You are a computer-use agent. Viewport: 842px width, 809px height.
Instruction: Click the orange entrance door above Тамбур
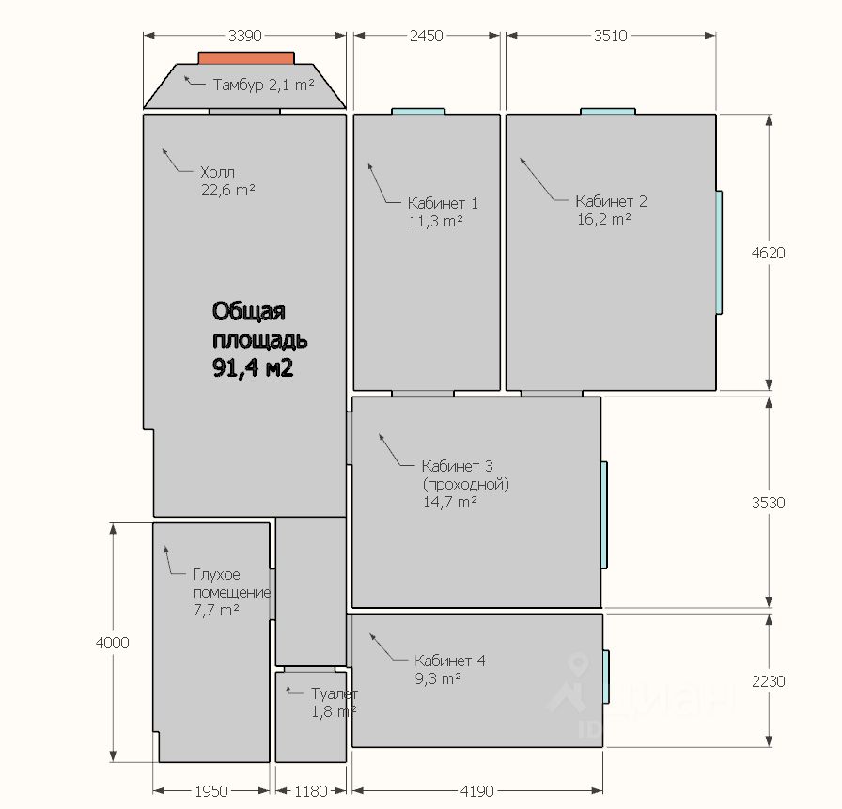click(x=246, y=58)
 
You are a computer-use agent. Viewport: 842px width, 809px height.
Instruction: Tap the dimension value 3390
click(x=245, y=36)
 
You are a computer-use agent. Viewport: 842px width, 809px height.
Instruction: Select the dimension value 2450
click(x=427, y=36)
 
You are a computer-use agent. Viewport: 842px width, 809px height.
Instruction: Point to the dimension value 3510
click(x=611, y=36)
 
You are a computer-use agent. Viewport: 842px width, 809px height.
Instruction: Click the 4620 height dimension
click(x=769, y=253)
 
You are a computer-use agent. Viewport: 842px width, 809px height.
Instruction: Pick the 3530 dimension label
click(x=769, y=503)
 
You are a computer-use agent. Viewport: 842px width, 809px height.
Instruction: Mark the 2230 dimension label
click(x=769, y=681)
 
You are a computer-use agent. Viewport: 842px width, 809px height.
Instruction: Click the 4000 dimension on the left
click(x=112, y=643)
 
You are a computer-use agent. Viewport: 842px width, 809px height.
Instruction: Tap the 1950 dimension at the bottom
click(x=211, y=791)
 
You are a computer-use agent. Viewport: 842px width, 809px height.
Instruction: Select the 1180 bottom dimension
click(x=311, y=791)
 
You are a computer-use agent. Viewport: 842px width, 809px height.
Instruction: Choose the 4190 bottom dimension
click(x=477, y=791)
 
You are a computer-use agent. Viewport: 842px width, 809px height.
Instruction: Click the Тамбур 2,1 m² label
click(x=264, y=85)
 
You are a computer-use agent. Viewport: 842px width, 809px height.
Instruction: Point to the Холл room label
click(x=217, y=172)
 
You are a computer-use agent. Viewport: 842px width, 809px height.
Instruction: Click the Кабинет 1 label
click(x=443, y=204)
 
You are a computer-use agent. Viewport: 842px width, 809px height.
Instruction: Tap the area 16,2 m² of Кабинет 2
click(x=604, y=219)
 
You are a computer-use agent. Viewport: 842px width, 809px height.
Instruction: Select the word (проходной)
click(x=465, y=484)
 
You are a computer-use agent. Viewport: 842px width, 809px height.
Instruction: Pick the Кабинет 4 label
click(x=450, y=661)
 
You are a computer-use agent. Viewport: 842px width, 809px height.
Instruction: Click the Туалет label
click(x=335, y=693)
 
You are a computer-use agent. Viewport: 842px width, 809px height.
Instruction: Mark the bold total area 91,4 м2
click(x=253, y=368)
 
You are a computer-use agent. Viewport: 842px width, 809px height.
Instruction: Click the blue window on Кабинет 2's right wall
click(x=719, y=253)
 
